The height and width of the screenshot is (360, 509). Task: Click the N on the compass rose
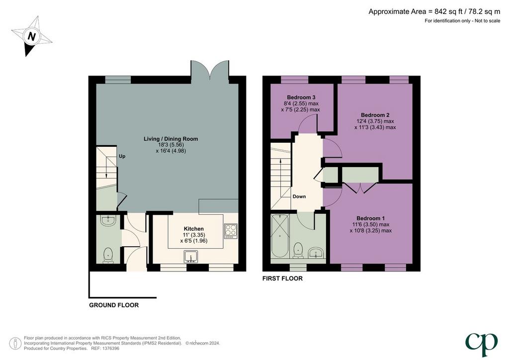coord(31,36)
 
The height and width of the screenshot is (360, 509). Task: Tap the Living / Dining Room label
coord(171,139)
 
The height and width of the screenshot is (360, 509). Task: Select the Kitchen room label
coord(194,229)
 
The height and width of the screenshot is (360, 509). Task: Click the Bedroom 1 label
coord(370,218)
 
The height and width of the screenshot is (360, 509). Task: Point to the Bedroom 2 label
coord(375,115)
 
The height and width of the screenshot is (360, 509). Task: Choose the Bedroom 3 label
coord(301,97)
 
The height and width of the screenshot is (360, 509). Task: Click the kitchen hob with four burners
coord(231,231)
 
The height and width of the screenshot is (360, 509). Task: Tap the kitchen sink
coord(191,257)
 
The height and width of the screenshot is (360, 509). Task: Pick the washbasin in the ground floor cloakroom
coord(107,221)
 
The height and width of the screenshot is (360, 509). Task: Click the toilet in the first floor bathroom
coord(298,251)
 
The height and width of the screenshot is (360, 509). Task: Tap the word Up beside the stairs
coord(122,156)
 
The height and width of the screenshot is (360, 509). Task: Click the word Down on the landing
coord(299,196)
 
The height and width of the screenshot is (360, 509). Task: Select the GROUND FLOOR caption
coord(114,305)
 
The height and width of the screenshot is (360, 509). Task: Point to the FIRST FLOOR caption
coord(282,278)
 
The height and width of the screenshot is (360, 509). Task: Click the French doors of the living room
coord(210,70)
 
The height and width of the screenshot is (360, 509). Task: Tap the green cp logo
coord(481,345)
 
